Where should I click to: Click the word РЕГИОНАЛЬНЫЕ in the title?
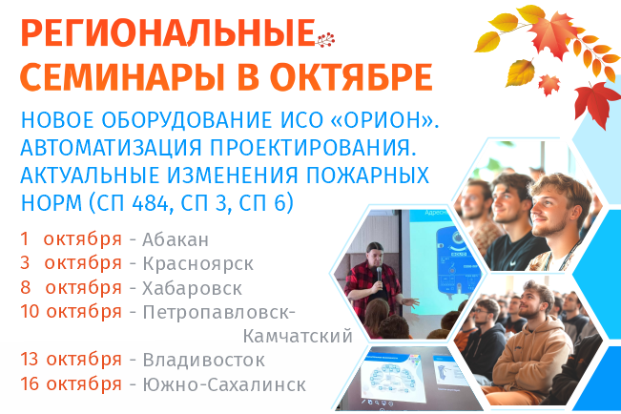166,34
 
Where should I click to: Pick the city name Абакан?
175,238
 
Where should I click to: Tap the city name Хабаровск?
191,288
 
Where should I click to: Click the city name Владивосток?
203,361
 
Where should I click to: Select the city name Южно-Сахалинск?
223,385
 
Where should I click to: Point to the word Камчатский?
298,336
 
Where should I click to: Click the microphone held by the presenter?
378,273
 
